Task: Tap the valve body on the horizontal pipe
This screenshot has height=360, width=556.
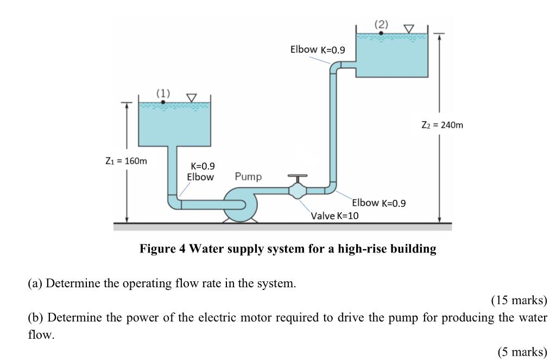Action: [298, 191]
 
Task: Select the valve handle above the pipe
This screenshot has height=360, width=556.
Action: [298, 176]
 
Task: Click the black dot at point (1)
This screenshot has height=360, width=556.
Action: [163, 102]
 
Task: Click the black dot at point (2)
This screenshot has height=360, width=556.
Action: [381, 33]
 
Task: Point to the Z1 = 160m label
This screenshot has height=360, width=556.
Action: [126, 161]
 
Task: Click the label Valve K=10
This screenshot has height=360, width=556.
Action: [334, 216]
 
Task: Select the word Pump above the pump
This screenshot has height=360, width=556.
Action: [248, 176]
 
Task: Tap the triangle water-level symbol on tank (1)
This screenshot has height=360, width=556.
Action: [191, 98]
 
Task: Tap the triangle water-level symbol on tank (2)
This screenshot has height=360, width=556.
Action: [408, 28]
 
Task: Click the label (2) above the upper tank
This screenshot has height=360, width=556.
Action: [381, 24]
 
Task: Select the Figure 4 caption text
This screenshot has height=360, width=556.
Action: [288, 249]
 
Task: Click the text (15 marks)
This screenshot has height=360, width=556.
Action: [519, 300]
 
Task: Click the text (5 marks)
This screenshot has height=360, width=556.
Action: [522, 352]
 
